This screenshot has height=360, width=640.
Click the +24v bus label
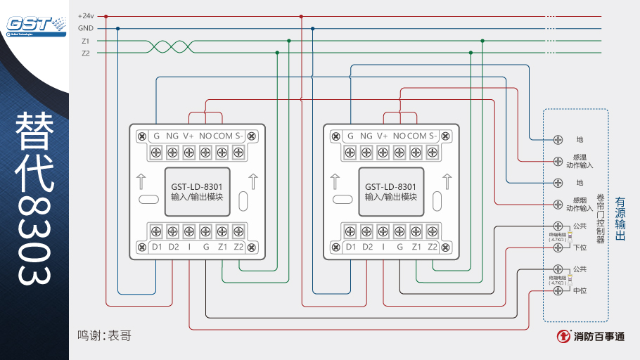pyautogui.click(x=86, y=15)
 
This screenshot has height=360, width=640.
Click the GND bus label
pyautogui.click(x=86, y=28)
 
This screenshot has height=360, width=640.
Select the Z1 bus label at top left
pyautogui.click(x=86, y=41)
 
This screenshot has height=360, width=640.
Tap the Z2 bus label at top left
pyautogui.click(x=86, y=53)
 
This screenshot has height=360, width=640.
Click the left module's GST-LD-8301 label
pyautogui.click(x=197, y=186)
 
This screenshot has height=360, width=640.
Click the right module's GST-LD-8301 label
pyautogui.click(x=391, y=186)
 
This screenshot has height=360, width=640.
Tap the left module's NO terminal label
pyautogui.click(x=205, y=136)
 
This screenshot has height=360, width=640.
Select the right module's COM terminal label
pyautogui.click(x=417, y=136)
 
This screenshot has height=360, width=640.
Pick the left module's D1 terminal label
pyautogui.click(x=157, y=247)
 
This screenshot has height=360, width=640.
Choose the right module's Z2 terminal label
pyautogui.click(x=433, y=247)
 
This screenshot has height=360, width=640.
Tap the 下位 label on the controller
pyautogui.click(x=580, y=247)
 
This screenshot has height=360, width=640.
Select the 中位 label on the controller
pyautogui.click(x=580, y=290)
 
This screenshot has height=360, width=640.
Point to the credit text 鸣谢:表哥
pyautogui.click(x=104, y=336)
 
